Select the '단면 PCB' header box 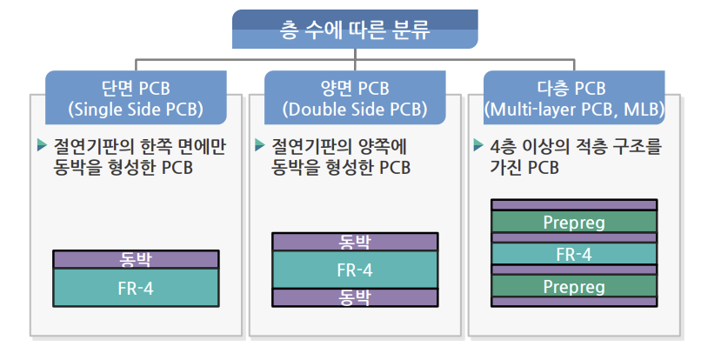136,98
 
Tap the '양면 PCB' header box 355,98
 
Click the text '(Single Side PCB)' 136,110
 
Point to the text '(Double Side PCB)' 355,110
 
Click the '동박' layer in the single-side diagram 137,259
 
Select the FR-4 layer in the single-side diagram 137,286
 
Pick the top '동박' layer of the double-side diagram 354,241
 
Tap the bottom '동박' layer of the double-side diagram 354,297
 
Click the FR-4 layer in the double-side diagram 354,270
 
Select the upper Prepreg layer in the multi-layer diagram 573,223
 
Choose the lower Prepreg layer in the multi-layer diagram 573,285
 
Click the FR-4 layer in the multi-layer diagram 573,254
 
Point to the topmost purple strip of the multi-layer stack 573,204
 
